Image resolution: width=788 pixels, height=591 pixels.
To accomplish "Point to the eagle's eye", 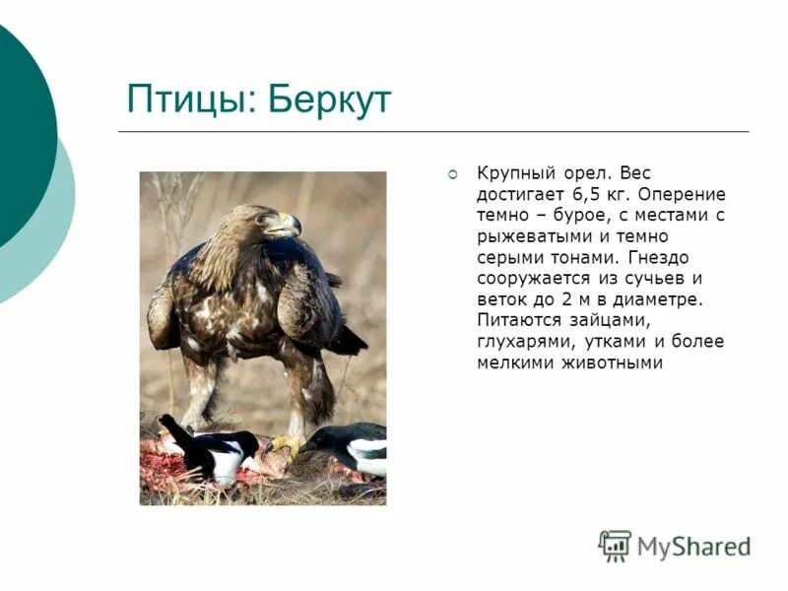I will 263,219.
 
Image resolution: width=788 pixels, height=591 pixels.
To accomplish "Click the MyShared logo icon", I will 615,545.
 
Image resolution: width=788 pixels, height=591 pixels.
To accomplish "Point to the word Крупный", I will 512,173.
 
